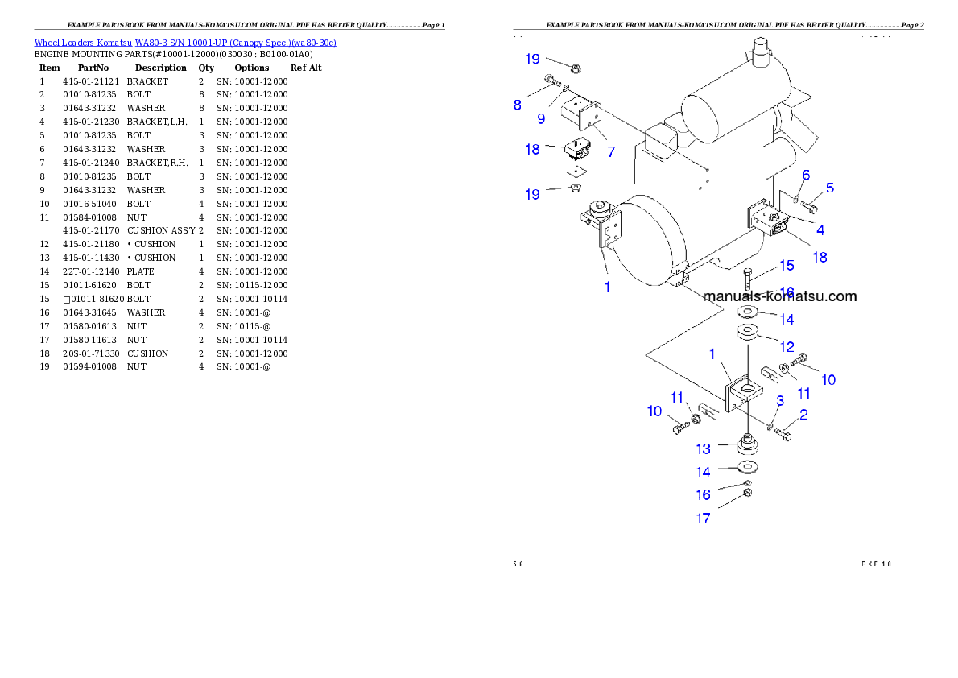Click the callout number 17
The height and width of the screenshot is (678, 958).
point(704,519)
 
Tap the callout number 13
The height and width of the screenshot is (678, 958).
point(704,449)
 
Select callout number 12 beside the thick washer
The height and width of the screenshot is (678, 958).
point(787,347)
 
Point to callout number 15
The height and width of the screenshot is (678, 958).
point(787,265)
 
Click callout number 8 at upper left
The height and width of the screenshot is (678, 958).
point(518,105)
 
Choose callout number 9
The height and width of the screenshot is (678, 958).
point(541,118)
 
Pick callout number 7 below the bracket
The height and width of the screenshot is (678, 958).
point(611,151)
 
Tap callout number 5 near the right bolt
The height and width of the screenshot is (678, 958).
point(829,188)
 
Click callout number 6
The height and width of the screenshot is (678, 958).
point(806,175)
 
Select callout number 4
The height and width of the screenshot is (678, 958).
point(820,229)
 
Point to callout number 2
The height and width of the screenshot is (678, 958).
point(803,415)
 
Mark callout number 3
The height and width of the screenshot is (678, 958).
point(779,400)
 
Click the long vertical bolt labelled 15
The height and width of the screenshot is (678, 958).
point(749,281)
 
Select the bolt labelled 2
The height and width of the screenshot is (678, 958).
point(784,434)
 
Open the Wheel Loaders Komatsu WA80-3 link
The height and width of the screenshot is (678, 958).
point(185,43)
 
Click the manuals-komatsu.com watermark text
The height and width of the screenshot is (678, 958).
point(779,296)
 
